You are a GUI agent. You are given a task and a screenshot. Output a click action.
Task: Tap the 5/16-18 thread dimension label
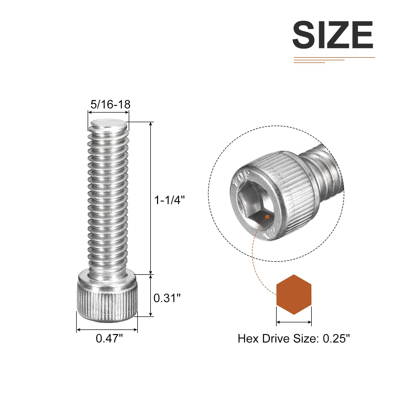(x=110, y=105)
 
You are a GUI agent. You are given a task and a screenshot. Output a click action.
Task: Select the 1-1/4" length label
(x=170, y=200)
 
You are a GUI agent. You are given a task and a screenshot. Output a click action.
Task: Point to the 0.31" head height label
(x=167, y=298)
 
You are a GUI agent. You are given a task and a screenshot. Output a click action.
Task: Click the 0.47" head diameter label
(x=109, y=338)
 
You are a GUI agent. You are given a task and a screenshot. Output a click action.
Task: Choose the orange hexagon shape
(x=294, y=295)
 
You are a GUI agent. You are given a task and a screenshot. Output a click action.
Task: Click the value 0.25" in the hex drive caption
(x=336, y=339)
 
